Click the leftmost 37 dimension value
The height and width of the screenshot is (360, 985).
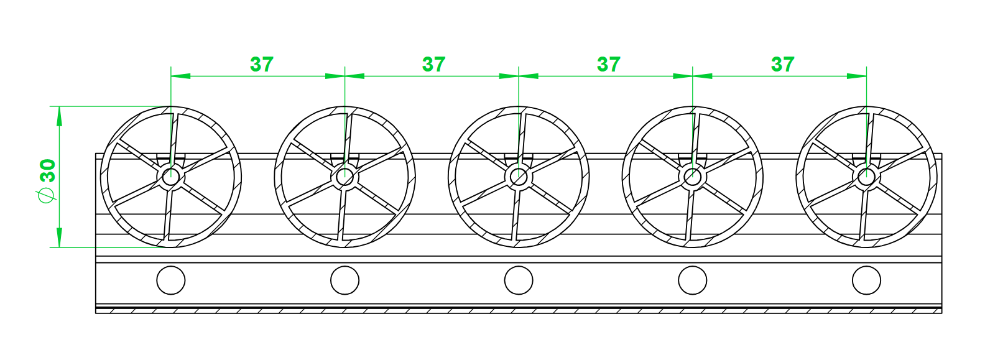coord(262,64)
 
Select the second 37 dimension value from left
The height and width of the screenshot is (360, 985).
coord(433,64)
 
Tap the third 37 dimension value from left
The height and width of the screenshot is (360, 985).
coord(609,64)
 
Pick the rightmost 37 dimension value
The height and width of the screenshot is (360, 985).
coord(783,64)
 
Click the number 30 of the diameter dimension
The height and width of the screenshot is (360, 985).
coord(48,170)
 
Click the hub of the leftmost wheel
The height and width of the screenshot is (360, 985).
coord(171,177)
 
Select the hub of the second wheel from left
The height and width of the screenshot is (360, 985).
coord(345,177)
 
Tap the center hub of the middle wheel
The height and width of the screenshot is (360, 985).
coord(519,177)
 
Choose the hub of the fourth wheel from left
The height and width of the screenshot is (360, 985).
coord(693,177)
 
